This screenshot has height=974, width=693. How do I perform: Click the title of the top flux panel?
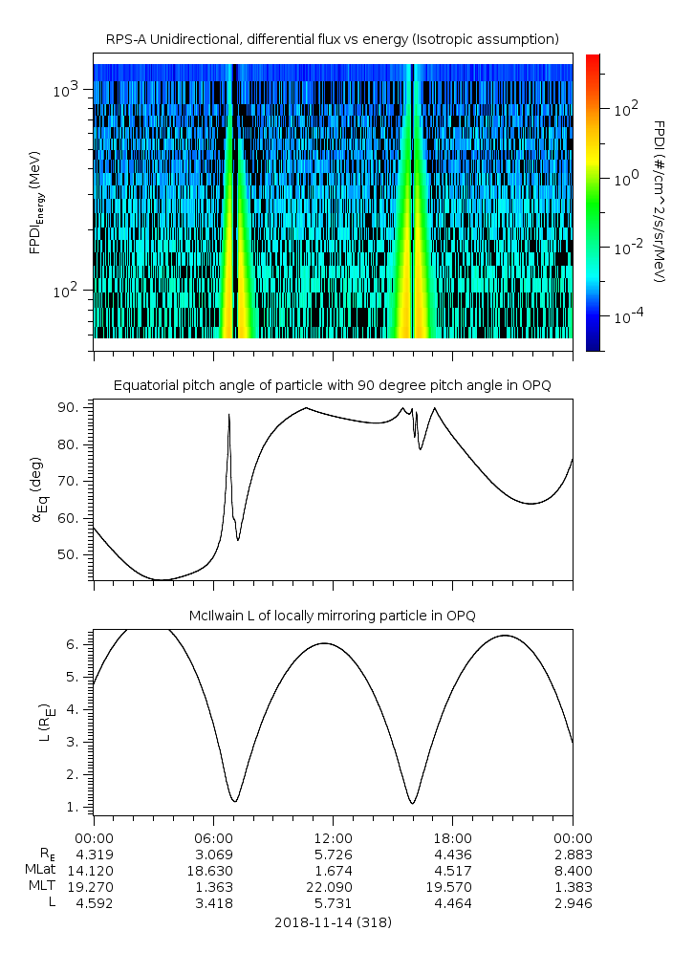[333, 40]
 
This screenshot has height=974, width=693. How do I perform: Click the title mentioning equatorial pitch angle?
[333, 386]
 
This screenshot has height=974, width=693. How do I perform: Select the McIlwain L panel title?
[333, 616]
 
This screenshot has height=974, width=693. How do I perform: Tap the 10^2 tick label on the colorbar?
[626, 110]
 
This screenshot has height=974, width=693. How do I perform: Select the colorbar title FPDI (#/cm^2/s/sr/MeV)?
[661, 202]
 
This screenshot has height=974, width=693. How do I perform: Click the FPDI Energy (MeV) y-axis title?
[36, 202]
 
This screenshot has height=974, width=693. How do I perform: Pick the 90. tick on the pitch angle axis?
[69, 407]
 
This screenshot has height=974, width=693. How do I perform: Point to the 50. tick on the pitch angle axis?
[69, 554]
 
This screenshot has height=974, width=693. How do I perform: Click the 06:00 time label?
[213, 838]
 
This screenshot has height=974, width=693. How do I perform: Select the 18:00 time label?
[453, 838]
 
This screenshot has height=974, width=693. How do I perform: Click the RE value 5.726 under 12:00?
[334, 855]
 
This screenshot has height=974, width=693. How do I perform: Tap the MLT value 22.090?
[329, 887]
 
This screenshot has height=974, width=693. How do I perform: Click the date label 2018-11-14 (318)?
[333, 922]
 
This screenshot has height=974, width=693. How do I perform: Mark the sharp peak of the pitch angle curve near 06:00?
[229, 414]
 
